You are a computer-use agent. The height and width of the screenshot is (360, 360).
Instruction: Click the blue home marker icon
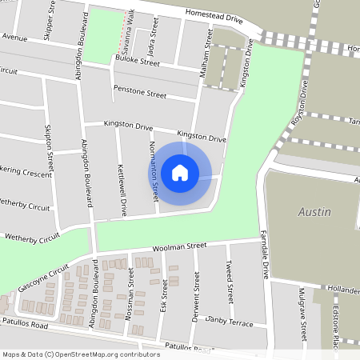pos(180,172)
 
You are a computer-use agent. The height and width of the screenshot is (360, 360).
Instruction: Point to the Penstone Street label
pos(139,92)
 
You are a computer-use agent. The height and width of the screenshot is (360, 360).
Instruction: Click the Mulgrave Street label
pos(302,309)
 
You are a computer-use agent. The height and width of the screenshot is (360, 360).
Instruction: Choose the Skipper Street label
pos(50,18)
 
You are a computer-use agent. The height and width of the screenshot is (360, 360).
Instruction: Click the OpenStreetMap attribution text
pos(81,354)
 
